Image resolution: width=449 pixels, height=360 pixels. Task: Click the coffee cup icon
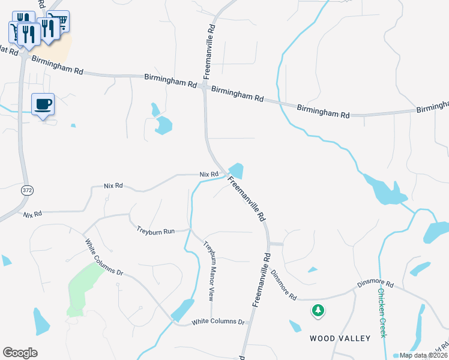(43, 104)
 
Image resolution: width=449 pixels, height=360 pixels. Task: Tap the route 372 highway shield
(28, 190)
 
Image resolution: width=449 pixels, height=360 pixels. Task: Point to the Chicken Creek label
(382, 313)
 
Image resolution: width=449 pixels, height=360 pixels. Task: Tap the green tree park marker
(318, 310)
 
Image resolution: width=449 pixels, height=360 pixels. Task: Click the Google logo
(20, 353)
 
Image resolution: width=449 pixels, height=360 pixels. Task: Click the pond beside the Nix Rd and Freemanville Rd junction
(236, 171)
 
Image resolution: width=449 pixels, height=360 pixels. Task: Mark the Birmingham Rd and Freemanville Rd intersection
(205, 88)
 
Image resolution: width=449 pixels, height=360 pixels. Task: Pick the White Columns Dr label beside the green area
(104, 257)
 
